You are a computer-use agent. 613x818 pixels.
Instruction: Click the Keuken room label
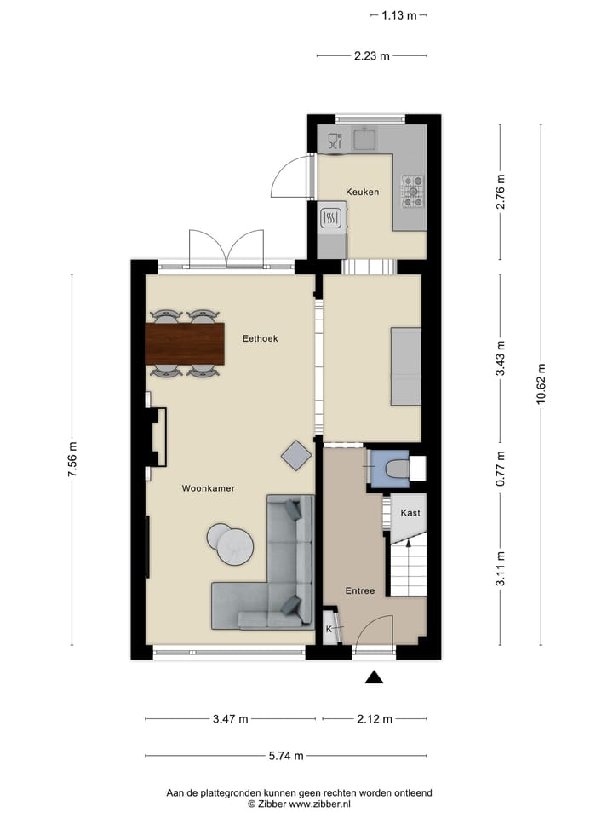click(362, 192)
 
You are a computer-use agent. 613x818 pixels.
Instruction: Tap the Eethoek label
click(260, 338)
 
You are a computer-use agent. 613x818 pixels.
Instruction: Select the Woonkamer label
click(208, 488)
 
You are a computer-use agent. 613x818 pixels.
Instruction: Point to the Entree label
click(359, 590)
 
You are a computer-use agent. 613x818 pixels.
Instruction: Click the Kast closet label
click(410, 513)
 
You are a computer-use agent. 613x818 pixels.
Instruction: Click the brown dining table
click(185, 343)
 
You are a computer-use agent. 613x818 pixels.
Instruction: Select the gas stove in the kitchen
click(413, 191)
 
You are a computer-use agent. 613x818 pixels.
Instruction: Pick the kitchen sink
click(366, 138)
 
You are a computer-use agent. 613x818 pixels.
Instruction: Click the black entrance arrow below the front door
click(374, 678)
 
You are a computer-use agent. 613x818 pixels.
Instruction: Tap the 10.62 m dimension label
click(541, 386)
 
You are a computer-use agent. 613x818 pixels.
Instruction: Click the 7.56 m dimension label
click(72, 460)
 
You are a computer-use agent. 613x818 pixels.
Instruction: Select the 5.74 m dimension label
click(286, 755)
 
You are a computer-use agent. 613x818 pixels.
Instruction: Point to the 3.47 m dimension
click(230, 718)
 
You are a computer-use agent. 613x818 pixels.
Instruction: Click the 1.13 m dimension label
click(398, 14)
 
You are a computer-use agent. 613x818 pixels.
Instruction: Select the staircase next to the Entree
click(407, 570)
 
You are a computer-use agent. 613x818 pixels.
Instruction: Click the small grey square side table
click(296, 455)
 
